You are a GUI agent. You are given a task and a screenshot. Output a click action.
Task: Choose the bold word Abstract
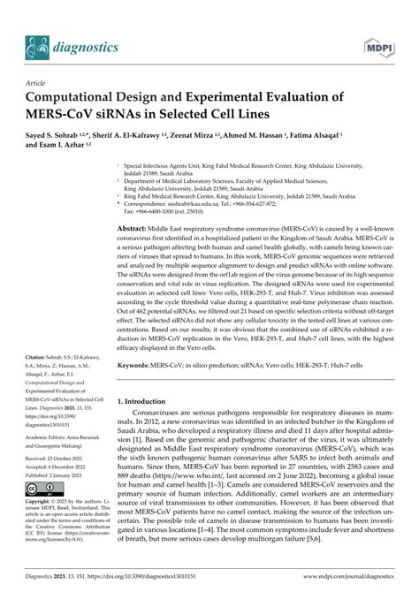pos(135,228)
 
